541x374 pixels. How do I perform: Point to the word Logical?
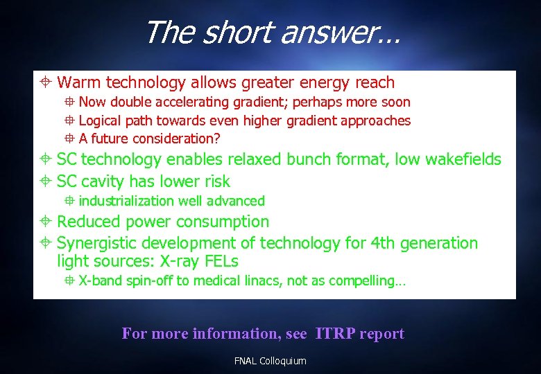(100, 121)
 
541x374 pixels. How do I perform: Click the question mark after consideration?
(217, 139)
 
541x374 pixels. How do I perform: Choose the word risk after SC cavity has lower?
(216, 181)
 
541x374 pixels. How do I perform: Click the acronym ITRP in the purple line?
(336, 334)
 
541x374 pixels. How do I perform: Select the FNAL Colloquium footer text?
(270, 361)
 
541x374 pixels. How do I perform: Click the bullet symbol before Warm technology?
(44, 83)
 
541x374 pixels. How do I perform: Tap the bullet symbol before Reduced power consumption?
(44, 222)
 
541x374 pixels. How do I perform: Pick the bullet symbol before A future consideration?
(69, 139)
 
